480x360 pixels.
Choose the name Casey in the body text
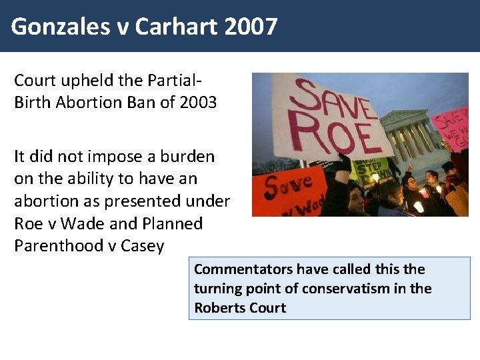(143, 245)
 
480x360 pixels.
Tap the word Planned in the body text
(173, 223)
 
